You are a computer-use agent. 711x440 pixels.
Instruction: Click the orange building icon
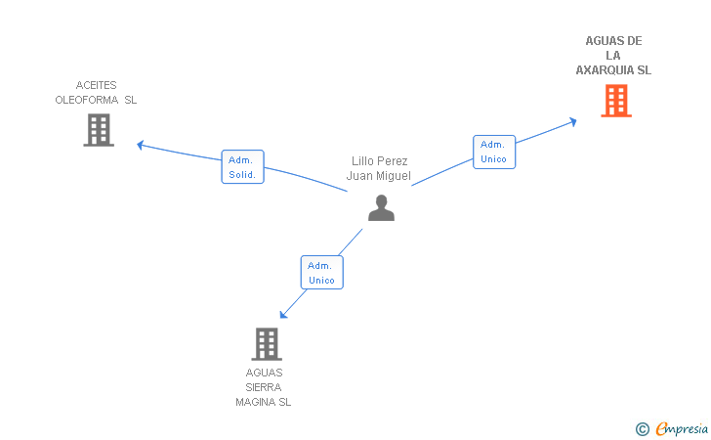click(x=616, y=101)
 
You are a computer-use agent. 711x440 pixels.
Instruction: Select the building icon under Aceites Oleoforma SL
click(x=99, y=130)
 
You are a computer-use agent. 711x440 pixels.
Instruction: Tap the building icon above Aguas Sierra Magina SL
click(x=267, y=344)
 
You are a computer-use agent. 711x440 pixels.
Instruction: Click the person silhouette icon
click(x=381, y=208)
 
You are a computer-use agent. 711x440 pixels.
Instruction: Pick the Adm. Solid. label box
click(x=242, y=166)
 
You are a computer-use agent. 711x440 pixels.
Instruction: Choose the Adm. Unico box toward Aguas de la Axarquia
click(x=494, y=152)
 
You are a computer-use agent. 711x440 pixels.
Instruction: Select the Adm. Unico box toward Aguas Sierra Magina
click(x=322, y=273)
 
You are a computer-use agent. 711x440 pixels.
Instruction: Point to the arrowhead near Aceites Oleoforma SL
click(x=140, y=145)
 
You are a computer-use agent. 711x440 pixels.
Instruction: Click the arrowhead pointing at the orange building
click(x=573, y=121)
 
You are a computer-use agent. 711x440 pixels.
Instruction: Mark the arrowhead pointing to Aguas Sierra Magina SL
click(x=283, y=314)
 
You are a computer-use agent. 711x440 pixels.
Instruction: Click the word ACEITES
click(x=96, y=85)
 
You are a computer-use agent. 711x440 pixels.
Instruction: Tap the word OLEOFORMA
click(x=87, y=100)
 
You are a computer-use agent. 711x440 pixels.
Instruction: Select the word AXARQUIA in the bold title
click(x=605, y=70)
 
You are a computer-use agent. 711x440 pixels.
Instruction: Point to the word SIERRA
click(x=264, y=387)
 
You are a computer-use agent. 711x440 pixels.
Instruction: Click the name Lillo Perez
click(x=380, y=161)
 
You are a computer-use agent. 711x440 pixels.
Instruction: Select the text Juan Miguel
click(x=379, y=176)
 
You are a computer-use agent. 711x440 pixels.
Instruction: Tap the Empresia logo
click(x=682, y=428)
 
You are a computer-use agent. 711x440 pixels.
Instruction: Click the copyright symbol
click(x=642, y=429)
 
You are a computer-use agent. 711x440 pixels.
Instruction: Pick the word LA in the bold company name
click(x=613, y=56)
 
